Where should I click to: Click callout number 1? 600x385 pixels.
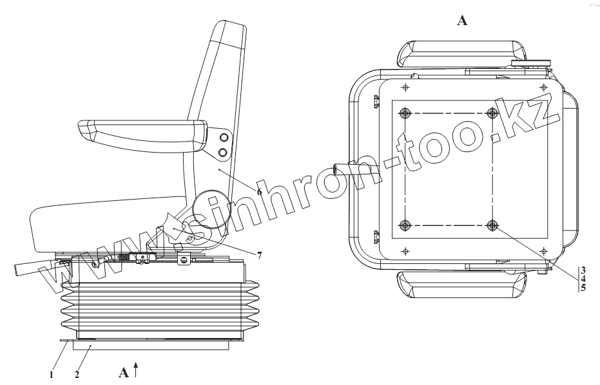point(51,373)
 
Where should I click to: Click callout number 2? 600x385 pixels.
point(76,373)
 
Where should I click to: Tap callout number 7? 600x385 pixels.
point(259,256)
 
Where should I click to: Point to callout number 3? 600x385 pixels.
point(583,269)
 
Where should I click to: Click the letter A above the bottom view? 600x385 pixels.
point(461,21)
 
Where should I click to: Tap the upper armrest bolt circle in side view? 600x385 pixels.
point(223,138)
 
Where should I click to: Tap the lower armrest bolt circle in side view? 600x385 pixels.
point(223,152)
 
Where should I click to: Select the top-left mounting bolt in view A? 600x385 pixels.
point(405,113)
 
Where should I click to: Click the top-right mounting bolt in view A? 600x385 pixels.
point(493,113)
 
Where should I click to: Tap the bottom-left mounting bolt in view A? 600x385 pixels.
point(405,225)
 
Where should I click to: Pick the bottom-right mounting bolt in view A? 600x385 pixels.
point(493,225)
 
